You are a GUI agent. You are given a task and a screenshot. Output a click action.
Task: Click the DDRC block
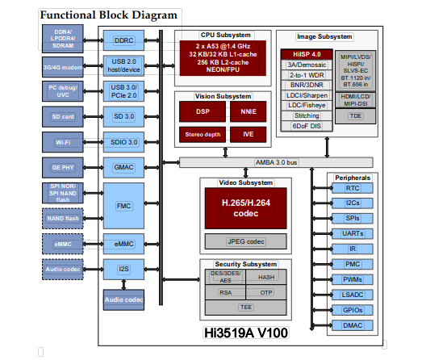tap(123, 40)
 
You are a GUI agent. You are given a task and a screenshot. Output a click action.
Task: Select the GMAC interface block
tap(123, 166)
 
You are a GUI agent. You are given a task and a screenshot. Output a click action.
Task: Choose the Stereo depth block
tap(202, 134)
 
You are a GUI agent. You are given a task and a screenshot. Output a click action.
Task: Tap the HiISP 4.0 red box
tap(300, 53)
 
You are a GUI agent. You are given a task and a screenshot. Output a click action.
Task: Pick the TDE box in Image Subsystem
tap(355, 115)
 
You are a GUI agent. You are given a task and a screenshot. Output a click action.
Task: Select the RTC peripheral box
tap(353, 187)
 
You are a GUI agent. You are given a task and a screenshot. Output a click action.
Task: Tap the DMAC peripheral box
tap(353, 326)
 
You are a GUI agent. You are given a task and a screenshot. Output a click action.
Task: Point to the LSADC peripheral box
tap(353, 295)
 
